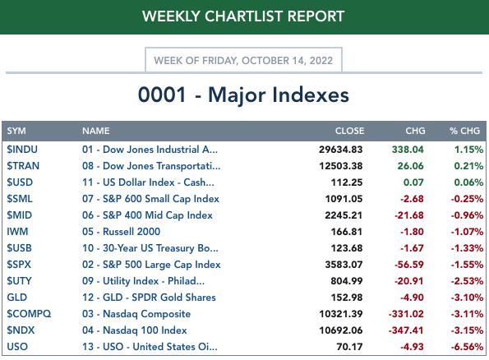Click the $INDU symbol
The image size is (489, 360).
coord(22,150)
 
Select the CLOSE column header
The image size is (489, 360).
coord(349,131)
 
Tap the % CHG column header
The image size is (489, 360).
coord(464,131)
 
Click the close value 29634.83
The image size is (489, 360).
coord(340,150)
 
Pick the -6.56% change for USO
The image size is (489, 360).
coord(467,347)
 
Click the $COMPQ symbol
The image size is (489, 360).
coord(29,314)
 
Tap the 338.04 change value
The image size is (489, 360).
coord(408,150)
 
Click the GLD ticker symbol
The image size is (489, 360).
coord(16,298)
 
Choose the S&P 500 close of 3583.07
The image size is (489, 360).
coord(344,265)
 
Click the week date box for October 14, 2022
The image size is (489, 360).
coord(243,60)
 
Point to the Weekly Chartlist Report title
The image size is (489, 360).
coord(243,16)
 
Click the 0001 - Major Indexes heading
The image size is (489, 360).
coord(243,95)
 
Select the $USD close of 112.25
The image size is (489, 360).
coord(347,182)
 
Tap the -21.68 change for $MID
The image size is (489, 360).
coord(408,215)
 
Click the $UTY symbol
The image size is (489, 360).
coord(20,281)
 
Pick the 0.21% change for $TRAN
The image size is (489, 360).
coord(468,166)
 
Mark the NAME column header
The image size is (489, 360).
coord(95,131)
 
